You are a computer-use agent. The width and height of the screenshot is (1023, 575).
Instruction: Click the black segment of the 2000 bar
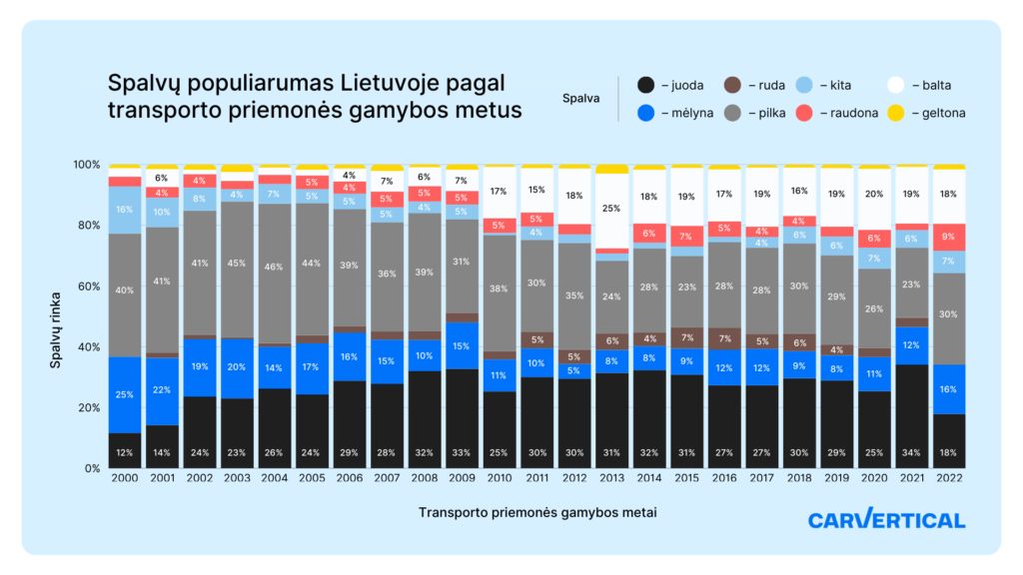(124, 450)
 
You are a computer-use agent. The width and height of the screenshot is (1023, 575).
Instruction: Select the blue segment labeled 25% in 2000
(124, 394)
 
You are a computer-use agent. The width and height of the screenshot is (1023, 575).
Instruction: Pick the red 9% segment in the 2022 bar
(949, 237)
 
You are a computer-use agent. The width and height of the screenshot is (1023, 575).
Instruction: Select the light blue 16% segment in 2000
(124, 210)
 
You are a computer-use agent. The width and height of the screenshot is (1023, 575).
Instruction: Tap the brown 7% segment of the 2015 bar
(686, 337)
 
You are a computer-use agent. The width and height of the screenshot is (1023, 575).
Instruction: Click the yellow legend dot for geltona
(895, 113)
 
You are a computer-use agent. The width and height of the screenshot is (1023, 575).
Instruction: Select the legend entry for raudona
(840, 113)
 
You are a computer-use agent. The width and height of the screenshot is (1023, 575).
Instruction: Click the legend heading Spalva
(580, 99)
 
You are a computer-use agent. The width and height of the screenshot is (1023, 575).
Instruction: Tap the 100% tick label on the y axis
(87, 165)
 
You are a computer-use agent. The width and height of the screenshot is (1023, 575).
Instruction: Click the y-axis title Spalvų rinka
(57, 316)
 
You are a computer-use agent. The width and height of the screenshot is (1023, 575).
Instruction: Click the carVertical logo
(885, 519)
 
